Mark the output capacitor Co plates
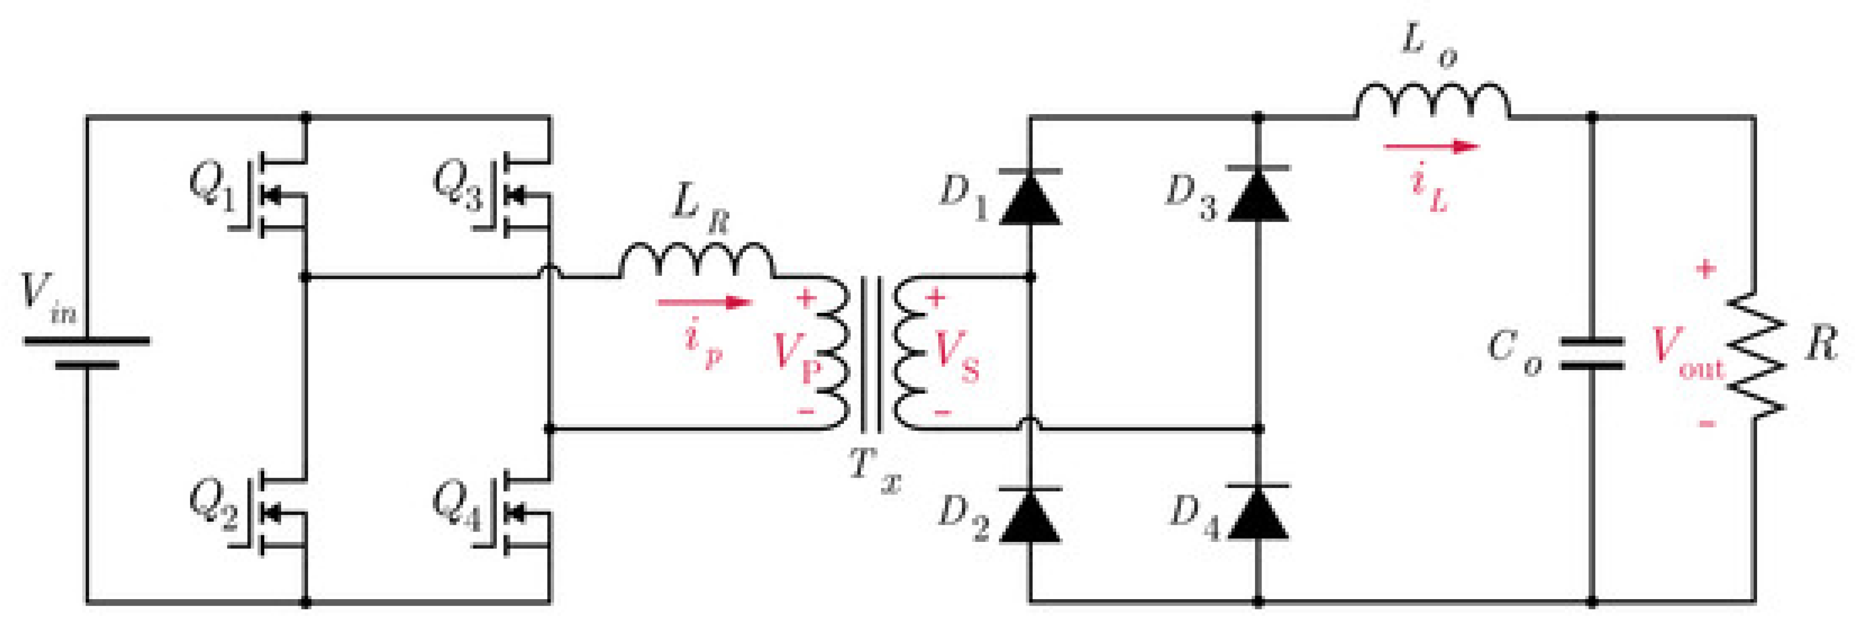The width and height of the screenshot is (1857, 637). [1593, 353]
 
